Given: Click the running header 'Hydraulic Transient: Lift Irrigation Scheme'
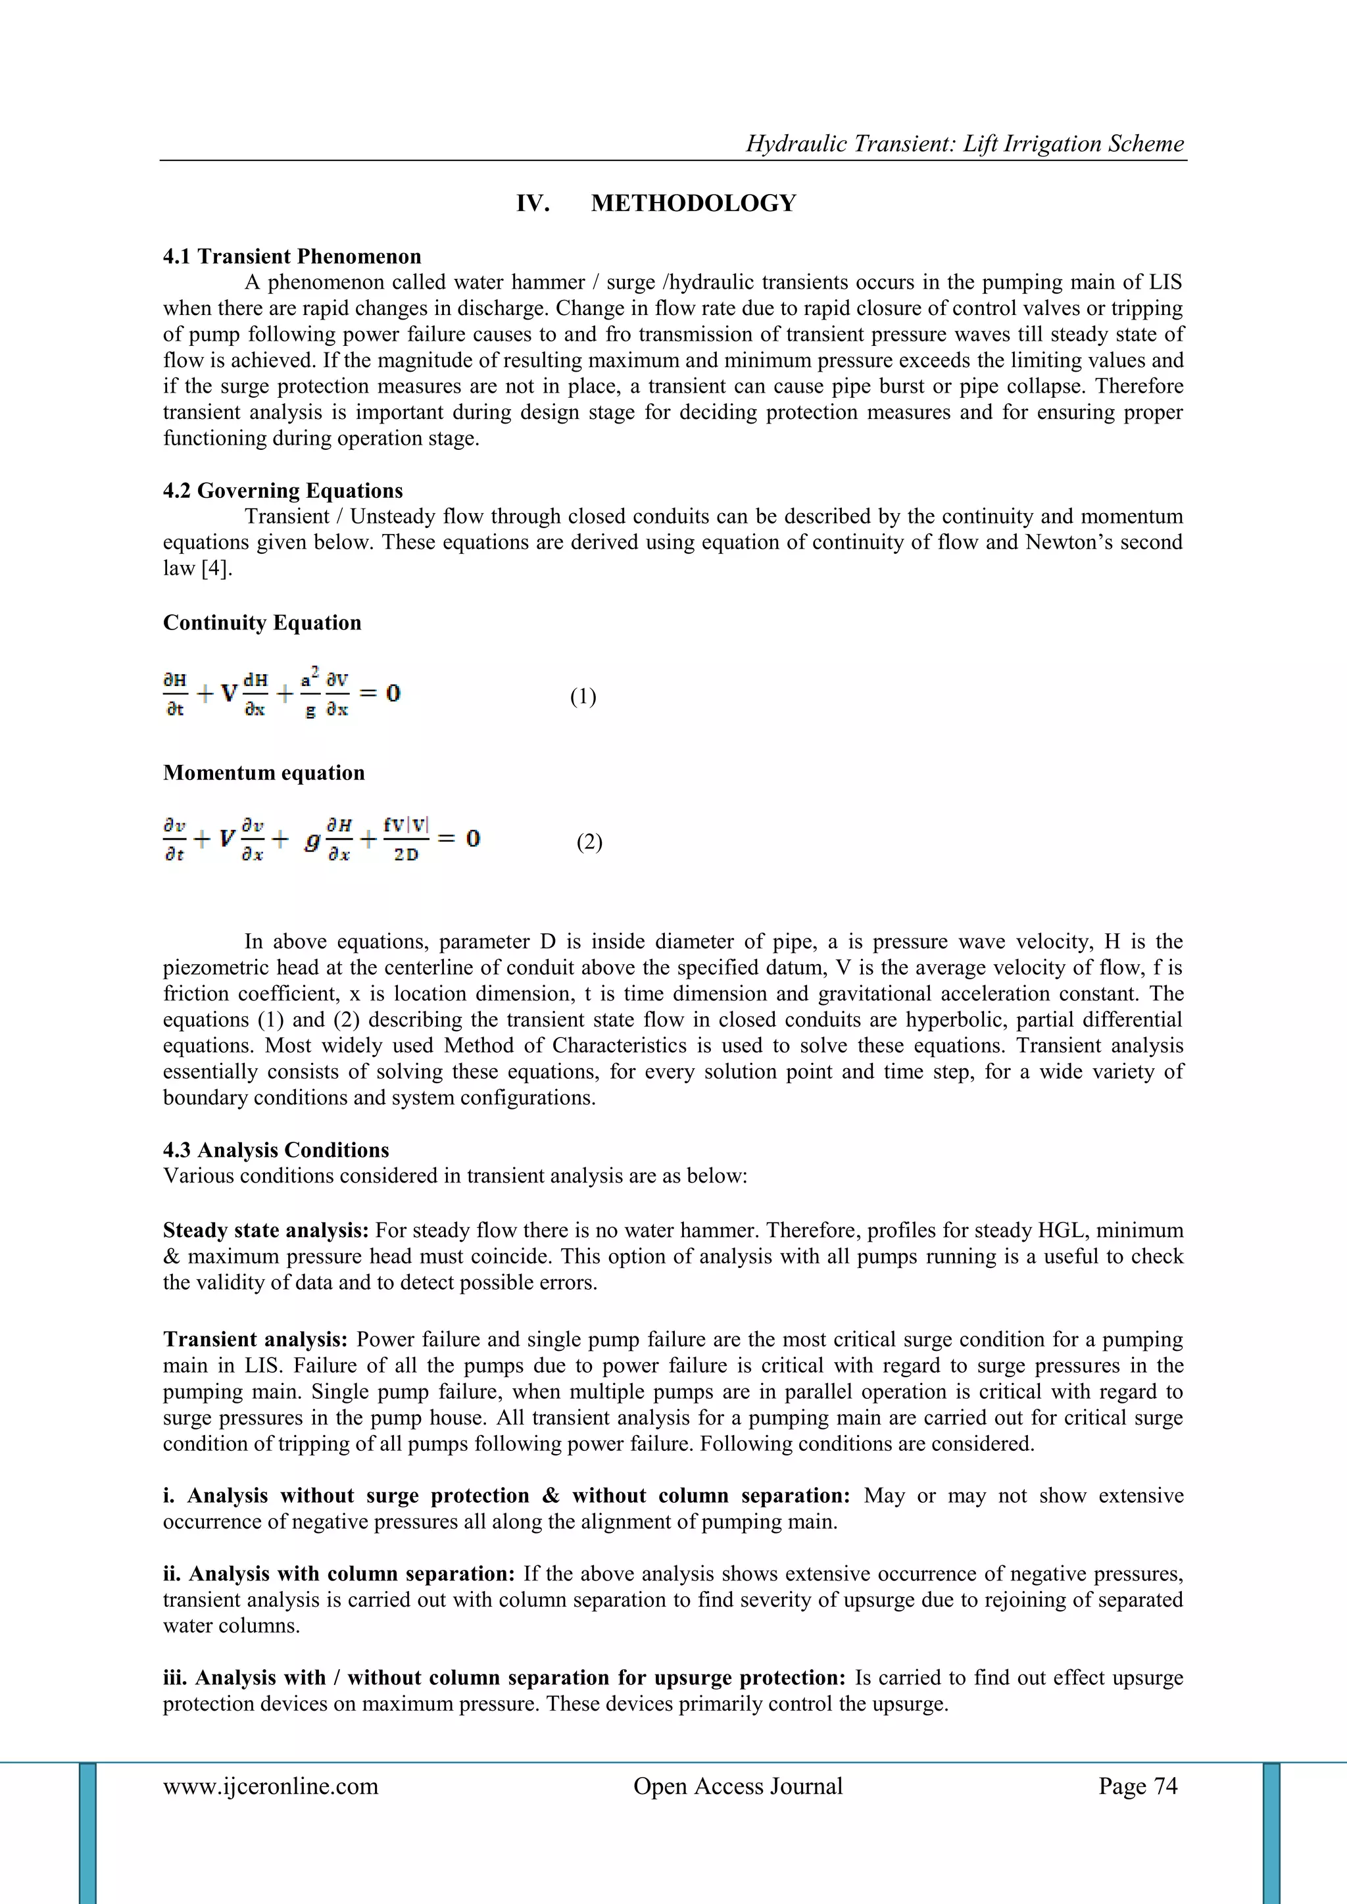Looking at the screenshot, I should pos(965,143).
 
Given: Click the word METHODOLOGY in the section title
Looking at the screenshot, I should pos(693,203).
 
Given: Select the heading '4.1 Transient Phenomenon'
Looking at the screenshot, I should pos(292,256).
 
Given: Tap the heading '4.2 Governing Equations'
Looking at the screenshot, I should pos(283,491).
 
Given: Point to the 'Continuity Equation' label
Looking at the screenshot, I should pos(262,623).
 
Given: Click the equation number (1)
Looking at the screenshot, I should pos(583,696).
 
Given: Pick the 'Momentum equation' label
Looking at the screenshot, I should pos(264,773).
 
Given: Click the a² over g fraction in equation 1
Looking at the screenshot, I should pos(309,694).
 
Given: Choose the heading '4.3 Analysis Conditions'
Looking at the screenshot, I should pos(276,1150).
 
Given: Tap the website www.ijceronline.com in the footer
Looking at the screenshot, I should pos(270,1786).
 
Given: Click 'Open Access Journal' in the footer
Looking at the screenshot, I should pos(737,1786).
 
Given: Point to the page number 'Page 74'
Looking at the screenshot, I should pos(1137,1786).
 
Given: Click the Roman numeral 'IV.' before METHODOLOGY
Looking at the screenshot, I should pos(533,203).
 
